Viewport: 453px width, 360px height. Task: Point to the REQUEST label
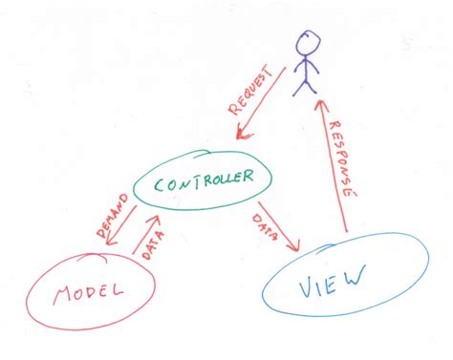[255, 92]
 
